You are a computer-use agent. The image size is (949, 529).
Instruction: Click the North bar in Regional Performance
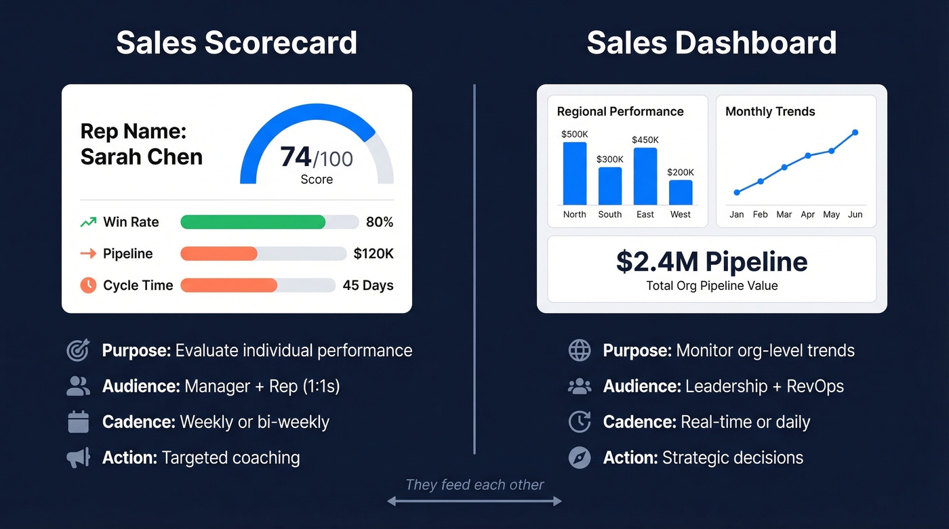(x=574, y=173)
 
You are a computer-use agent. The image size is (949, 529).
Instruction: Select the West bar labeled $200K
(x=681, y=192)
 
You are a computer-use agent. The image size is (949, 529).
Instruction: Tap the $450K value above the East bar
(x=645, y=140)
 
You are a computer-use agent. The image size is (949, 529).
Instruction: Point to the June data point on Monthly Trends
(x=855, y=133)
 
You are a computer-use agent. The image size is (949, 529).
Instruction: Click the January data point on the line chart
(x=737, y=192)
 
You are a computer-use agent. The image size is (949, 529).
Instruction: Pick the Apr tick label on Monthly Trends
(x=808, y=215)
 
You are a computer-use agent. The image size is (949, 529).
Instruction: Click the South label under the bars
(x=609, y=215)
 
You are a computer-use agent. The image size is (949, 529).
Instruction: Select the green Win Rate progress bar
(x=253, y=222)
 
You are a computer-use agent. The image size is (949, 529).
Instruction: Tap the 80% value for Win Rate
(x=380, y=222)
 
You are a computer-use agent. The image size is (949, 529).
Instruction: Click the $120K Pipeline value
(x=373, y=254)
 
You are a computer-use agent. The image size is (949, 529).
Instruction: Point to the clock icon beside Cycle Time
(x=88, y=285)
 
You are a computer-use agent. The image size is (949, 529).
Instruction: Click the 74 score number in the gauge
(x=296, y=157)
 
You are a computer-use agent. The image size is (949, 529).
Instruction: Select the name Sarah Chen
(x=142, y=156)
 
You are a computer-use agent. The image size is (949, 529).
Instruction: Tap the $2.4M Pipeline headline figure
(x=712, y=261)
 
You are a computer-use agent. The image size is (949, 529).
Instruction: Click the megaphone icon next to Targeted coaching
(x=79, y=458)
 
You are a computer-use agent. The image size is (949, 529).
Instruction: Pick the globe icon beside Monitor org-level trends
(x=580, y=351)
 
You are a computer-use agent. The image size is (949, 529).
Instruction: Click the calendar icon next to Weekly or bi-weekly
(x=79, y=422)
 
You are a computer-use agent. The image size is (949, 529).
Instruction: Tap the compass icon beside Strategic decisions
(x=580, y=458)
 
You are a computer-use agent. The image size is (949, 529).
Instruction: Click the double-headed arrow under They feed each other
(x=474, y=501)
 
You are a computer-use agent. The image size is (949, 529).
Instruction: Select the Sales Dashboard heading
(x=712, y=43)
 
